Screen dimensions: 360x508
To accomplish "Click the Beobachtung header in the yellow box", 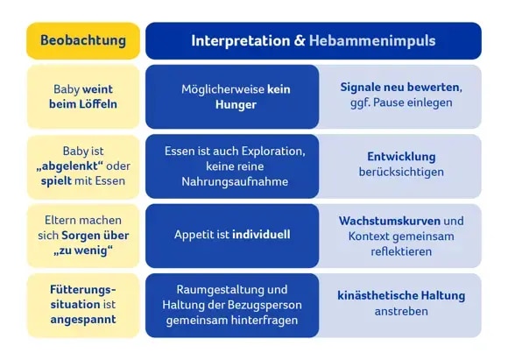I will pos(83,40).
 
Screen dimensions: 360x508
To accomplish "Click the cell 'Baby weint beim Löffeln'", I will pos(83,96).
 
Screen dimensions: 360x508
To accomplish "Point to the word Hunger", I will pos(235,104).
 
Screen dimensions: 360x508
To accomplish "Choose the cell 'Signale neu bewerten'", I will pos(400,95).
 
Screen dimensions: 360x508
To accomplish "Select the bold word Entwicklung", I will pos(401,157).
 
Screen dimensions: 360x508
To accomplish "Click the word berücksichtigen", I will pos(401,173).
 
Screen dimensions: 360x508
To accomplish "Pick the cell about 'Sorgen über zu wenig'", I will pos(83,236).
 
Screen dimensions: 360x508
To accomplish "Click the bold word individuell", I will pos(261,235).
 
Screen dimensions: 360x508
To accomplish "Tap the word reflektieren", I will pos(401,251).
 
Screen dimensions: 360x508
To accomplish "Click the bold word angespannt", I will pos(83,321).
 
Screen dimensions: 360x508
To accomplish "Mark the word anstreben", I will pos(401,312).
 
